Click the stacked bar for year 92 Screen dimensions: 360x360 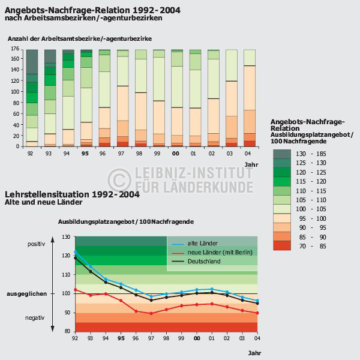pos(32,98)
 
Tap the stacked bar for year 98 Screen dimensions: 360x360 pos(141,98)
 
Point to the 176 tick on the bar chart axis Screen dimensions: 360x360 pos(15,50)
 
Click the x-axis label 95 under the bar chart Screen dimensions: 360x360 pos(86,154)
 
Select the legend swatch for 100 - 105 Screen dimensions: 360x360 pos(281,209)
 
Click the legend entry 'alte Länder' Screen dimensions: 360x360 pos(203,243)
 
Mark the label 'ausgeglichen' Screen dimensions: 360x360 pos(26,294)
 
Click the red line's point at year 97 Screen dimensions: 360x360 pos(151,313)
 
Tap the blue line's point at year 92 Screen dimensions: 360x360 pos(75,252)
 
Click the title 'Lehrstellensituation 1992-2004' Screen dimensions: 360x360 pos(72,194)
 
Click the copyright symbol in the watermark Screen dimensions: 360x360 pos(119,178)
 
